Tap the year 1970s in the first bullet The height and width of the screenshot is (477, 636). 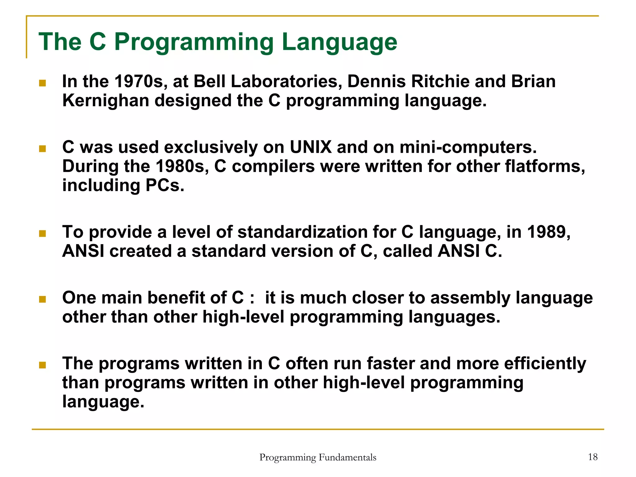(139, 81)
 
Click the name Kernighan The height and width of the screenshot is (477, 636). (106, 101)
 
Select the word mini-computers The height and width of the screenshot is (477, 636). (468, 147)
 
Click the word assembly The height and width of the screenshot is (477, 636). (470, 298)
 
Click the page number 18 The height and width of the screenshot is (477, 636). (593, 457)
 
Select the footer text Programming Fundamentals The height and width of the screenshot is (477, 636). (318, 457)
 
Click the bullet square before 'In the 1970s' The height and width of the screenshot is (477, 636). (43, 83)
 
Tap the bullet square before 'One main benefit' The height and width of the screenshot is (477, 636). (43, 299)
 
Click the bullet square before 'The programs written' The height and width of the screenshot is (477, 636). (43, 365)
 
